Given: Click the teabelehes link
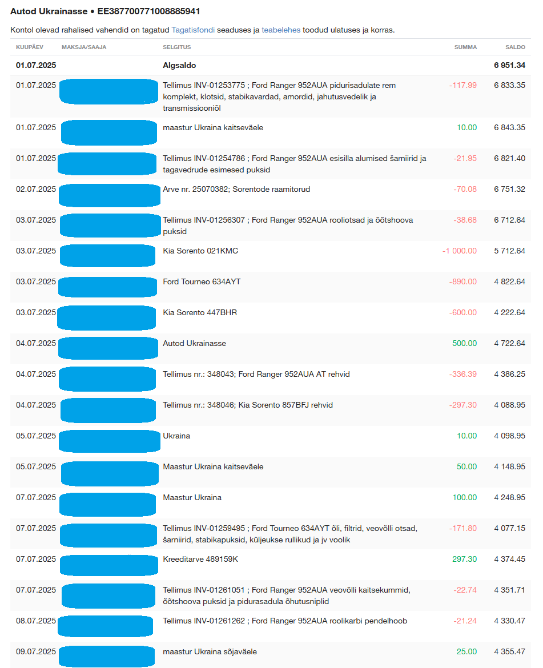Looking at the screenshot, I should [281, 30].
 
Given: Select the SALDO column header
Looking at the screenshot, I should [515, 47].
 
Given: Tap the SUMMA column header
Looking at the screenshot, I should [465, 47].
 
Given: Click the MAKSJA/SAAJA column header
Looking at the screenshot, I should [84, 47].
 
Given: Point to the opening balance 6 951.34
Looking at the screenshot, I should [509, 66].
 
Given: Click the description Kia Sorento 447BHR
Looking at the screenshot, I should [200, 313].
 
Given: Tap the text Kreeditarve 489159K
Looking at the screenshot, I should [200, 560].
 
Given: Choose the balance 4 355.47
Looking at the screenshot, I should [509, 652].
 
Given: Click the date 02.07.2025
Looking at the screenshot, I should [36, 190].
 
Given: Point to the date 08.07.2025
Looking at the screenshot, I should [36, 621].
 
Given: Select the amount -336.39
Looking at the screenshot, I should [463, 375].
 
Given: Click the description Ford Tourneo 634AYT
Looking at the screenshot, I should [202, 282].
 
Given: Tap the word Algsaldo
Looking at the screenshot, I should [179, 66].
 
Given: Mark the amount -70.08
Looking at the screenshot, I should [465, 190].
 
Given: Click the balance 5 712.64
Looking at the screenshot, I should [509, 251].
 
